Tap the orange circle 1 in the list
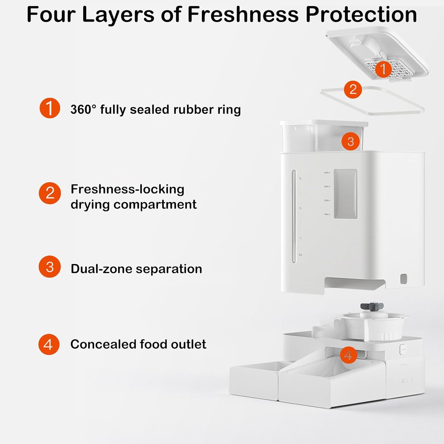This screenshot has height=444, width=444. click(x=50, y=108)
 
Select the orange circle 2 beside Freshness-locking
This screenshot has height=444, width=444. click(x=50, y=193)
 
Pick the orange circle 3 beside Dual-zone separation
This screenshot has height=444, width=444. click(x=50, y=267)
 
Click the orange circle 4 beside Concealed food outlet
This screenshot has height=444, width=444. click(x=49, y=344)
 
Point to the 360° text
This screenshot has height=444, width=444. click(x=83, y=109)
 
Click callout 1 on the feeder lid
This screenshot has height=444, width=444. click(x=383, y=69)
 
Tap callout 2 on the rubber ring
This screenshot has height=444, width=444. click(x=353, y=89)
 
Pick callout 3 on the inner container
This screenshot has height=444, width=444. click(x=350, y=141)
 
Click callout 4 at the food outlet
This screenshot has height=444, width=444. click(x=348, y=355)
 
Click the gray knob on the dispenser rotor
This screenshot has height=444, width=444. click(x=372, y=307)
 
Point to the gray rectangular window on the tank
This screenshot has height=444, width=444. click(x=345, y=194)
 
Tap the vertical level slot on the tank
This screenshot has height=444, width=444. click(x=294, y=216)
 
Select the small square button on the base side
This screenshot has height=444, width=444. click(x=403, y=349)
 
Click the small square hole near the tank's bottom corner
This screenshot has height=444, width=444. click(x=403, y=279)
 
